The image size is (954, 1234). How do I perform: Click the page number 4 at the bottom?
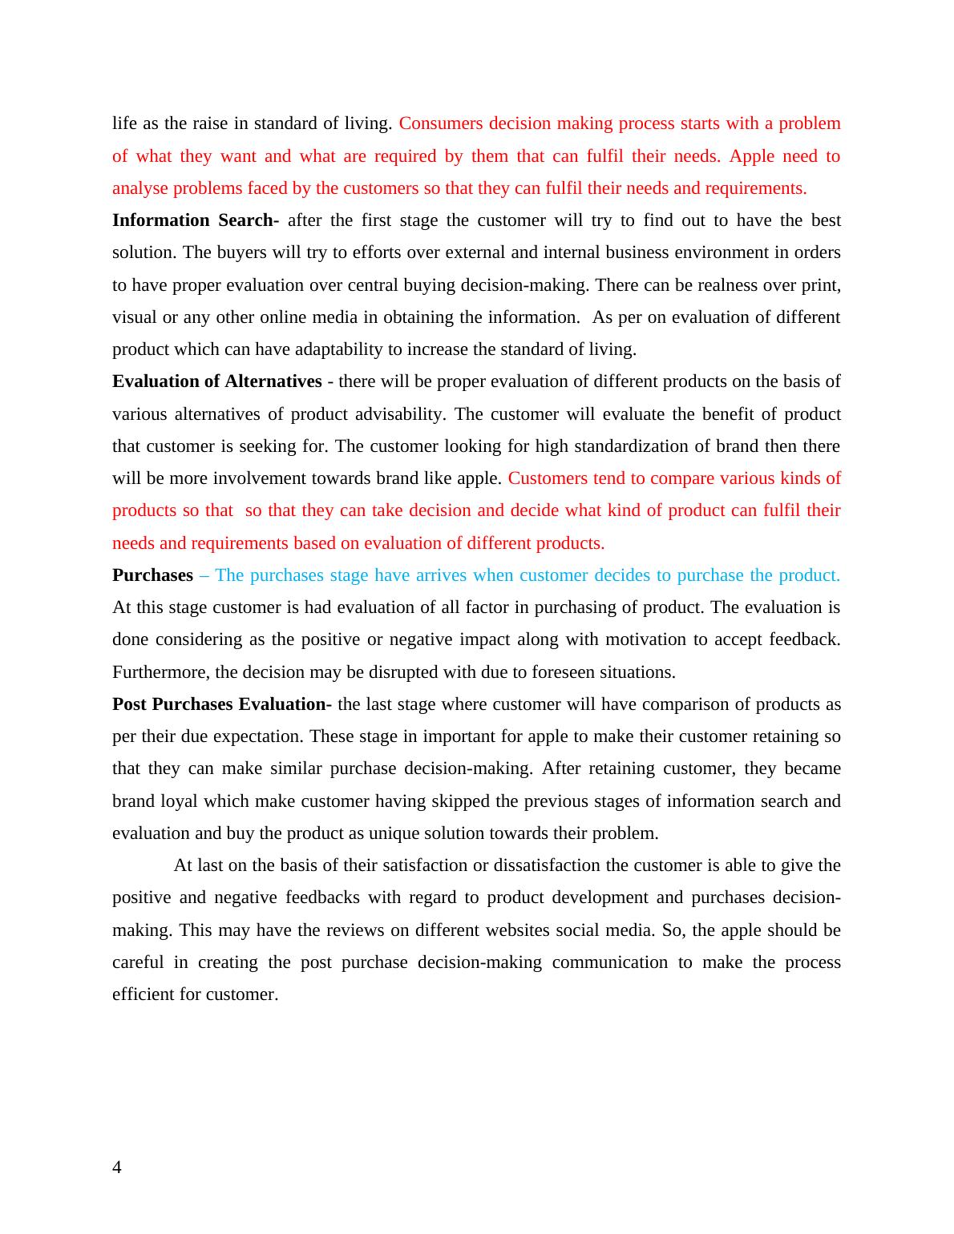[x=117, y=1167]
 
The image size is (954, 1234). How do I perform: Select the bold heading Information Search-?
[x=196, y=220]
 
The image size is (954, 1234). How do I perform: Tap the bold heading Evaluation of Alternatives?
[x=216, y=381]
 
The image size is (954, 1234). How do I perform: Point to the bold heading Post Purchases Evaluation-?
[x=221, y=704]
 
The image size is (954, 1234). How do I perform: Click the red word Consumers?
[x=441, y=123]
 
